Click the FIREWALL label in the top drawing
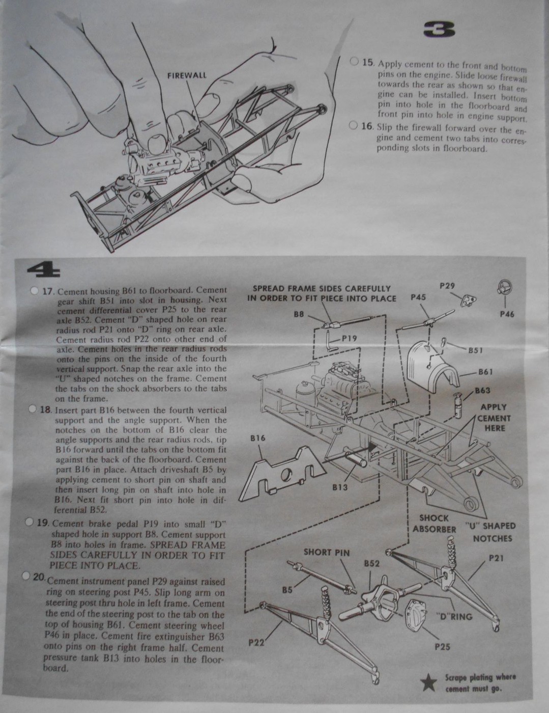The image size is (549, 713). click(187, 75)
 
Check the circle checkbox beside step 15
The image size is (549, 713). click(355, 62)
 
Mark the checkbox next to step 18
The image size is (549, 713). click(33, 408)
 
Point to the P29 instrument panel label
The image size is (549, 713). click(447, 286)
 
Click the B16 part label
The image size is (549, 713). click(258, 437)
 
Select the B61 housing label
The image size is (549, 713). click(485, 372)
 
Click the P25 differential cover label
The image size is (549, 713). click(442, 647)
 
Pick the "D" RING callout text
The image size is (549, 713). click(455, 616)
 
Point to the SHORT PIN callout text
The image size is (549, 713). click(327, 552)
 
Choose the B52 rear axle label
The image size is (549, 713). click(372, 564)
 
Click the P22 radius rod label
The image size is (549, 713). click(256, 642)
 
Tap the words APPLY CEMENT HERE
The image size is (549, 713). click(494, 418)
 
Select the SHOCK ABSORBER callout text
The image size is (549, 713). click(434, 523)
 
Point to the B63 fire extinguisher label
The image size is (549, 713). click(482, 391)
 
